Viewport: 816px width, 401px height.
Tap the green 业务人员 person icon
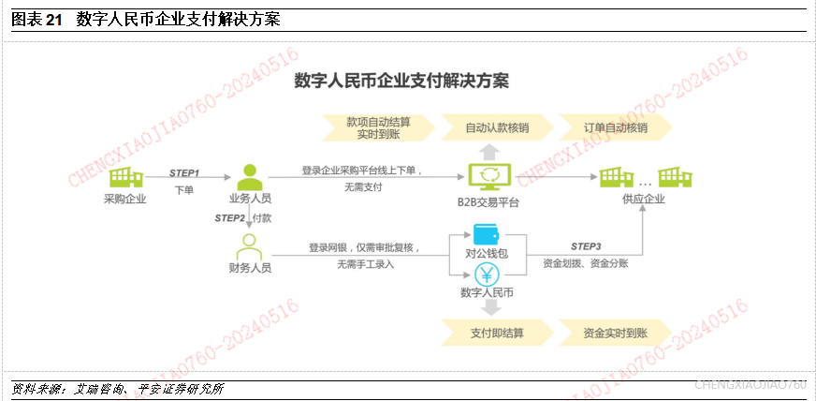248,176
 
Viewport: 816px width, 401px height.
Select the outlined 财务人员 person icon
248,245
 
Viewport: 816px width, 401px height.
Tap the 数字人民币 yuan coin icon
487,274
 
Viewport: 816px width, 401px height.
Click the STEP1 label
184,173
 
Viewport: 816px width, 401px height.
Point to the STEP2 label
229,218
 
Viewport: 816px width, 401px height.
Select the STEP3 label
585,245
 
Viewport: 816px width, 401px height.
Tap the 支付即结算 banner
496,333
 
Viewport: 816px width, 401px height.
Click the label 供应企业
643,200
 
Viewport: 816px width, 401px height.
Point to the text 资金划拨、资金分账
585,264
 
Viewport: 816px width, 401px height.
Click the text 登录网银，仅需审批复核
364,248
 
